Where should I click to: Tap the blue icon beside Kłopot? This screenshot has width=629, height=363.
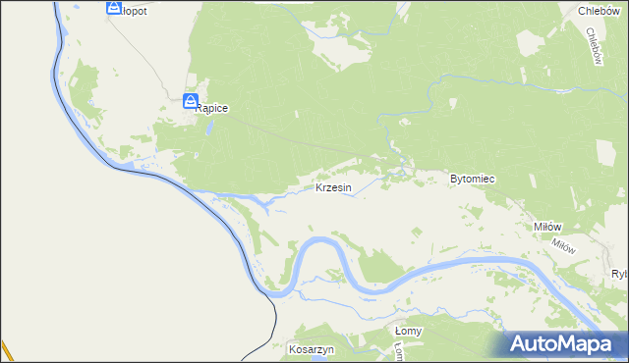(112, 9)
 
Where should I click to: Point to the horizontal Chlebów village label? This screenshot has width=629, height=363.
(598, 11)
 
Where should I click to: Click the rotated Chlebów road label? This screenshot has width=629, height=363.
(593, 45)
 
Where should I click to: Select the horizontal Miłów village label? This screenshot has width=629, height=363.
(546, 226)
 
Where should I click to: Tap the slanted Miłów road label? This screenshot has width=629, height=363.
(563, 245)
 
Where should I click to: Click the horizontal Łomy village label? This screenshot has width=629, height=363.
(408, 331)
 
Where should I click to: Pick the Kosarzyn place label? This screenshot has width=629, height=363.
(313, 349)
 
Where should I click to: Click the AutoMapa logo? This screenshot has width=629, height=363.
(562, 343)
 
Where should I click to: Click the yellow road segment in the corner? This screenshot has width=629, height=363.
(5, 351)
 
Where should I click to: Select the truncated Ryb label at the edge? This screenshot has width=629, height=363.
(619, 274)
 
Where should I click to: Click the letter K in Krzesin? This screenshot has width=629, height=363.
(319, 187)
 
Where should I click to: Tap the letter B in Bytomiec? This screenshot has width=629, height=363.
(453, 180)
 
